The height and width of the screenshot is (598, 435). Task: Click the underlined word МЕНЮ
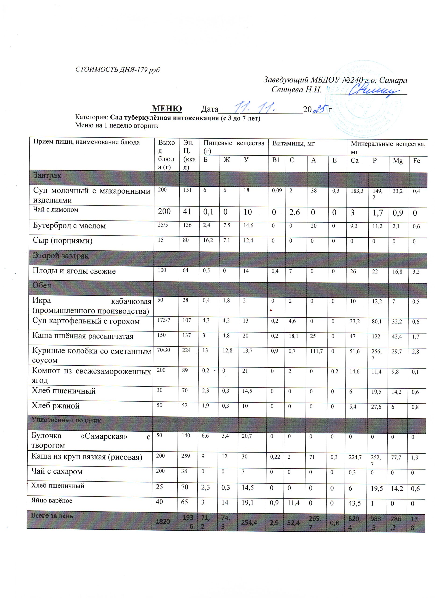[x=167, y=109]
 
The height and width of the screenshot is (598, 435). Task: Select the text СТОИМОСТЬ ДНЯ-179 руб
[x=117, y=70]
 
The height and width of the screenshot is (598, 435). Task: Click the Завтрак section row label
[x=47, y=176]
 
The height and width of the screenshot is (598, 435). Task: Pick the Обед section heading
[x=42, y=285]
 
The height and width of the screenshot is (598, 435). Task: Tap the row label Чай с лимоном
[x=56, y=210]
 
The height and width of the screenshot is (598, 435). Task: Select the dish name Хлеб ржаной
[x=56, y=406]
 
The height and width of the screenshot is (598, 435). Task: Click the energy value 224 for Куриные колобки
[x=186, y=350]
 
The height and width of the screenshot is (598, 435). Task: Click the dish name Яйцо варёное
[x=52, y=501]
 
